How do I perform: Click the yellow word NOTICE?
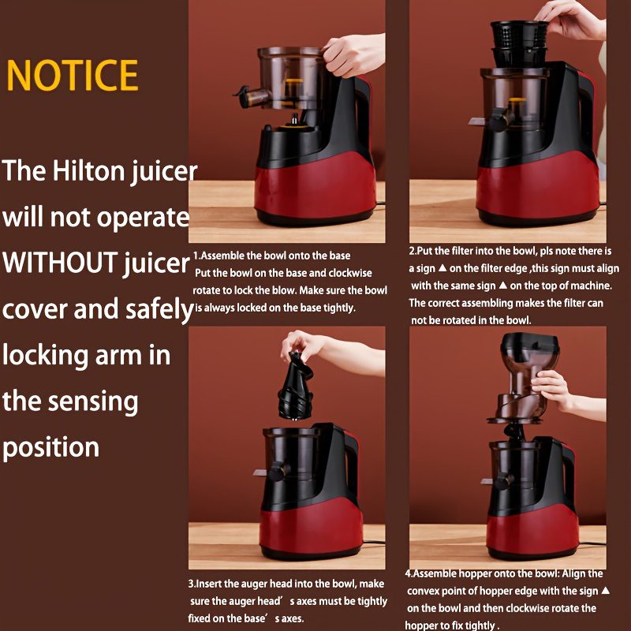73,75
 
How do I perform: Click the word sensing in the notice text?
93,403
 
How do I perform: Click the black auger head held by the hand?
295,386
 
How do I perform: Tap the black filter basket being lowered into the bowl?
519,43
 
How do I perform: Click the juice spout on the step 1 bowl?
252,97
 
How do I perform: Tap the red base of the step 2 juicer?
538,186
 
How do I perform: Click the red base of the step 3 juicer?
311,528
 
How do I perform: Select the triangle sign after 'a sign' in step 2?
442,267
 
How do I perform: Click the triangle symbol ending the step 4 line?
605,590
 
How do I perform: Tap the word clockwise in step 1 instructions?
350,273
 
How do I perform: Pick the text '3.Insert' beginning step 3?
204,584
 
